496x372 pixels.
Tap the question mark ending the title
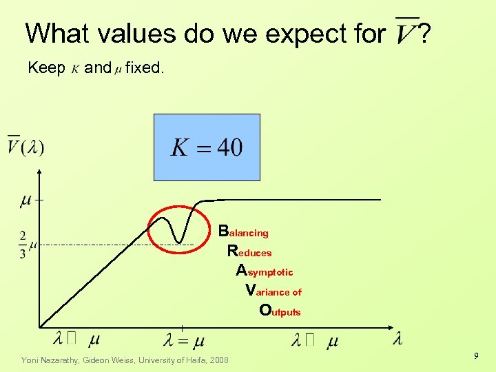pos(425,32)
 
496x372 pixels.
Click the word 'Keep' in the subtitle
pos(46,68)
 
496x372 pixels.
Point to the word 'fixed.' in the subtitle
pos(145,68)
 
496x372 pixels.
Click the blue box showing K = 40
pos(207,147)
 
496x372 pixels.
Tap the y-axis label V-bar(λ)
pos(25,147)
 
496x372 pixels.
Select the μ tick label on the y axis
pos(25,200)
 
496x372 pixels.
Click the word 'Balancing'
pos(243,231)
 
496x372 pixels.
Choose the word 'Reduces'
pos(249,251)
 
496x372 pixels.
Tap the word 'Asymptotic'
pos(265,271)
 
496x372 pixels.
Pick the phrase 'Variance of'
pos(273,290)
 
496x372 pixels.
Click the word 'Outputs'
pos(280,311)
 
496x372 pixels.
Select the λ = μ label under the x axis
pos(184,340)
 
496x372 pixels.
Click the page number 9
pos(475,355)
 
